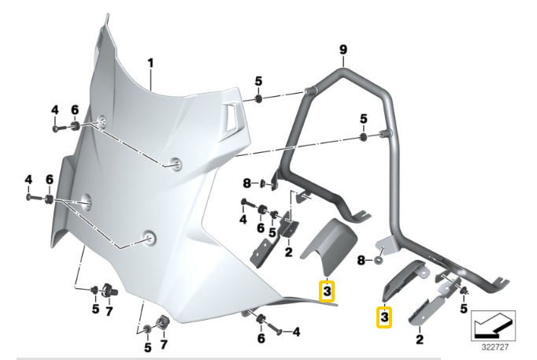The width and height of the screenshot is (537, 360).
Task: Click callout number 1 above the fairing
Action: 150,62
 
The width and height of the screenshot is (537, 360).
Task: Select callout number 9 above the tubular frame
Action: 343,50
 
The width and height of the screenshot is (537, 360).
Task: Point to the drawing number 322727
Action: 494,344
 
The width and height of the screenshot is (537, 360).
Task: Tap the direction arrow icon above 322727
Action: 494,324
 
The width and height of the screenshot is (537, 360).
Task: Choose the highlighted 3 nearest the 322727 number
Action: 384,316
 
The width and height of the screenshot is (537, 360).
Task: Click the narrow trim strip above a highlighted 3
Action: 403,280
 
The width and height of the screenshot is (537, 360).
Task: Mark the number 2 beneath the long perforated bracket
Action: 419,340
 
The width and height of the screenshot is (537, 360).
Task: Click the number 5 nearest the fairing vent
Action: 258,82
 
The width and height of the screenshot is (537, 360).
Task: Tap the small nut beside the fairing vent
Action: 259,99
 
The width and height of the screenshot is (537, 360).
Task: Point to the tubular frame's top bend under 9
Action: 344,72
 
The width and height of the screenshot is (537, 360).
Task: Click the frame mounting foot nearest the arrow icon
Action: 500,280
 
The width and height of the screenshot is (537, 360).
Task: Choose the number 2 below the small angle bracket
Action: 289,252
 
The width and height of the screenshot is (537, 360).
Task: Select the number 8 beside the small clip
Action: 247,184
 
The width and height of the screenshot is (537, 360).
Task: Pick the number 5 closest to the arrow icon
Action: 464,308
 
